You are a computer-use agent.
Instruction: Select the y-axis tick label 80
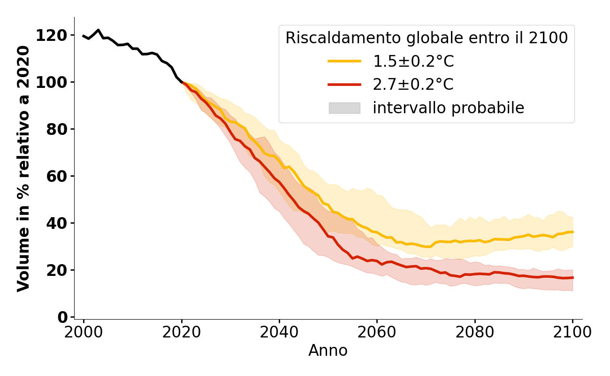pyautogui.click(x=57, y=129)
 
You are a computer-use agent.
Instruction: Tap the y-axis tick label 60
pyautogui.click(x=57, y=176)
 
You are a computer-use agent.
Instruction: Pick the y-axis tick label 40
pyautogui.click(x=57, y=223)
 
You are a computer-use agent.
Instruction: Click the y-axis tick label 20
pyautogui.click(x=57, y=270)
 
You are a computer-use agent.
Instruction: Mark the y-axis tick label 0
pyautogui.click(x=62, y=317)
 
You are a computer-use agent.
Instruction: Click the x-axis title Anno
pyautogui.click(x=328, y=351)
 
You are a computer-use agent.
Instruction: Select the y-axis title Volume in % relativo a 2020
pyautogui.click(x=23, y=168)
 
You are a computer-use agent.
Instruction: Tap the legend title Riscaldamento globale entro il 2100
pyautogui.click(x=427, y=38)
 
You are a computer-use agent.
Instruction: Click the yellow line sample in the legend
pyautogui.click(x=344, y=61)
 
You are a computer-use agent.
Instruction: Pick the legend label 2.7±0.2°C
pyautogui.click(x=413, y=85)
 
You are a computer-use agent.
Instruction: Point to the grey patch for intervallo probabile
pyautogui.click(x=344, y=108)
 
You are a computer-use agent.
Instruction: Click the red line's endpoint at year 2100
pyautogui.click(x=572, y=278)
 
